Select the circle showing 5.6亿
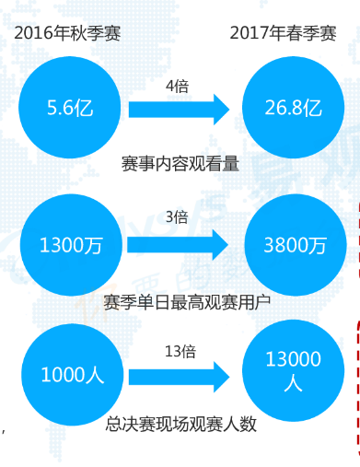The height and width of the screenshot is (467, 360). tap(71, 109)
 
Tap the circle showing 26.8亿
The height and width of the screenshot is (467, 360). tap(289, 109)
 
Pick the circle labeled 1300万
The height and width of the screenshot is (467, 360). tap(71, 245)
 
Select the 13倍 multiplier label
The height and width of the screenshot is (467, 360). tap(178, 351)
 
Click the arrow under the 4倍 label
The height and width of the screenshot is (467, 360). tap(178, 110)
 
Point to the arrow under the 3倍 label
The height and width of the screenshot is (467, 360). tap(178, 245)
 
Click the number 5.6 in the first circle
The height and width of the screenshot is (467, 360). tap(60, 109)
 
